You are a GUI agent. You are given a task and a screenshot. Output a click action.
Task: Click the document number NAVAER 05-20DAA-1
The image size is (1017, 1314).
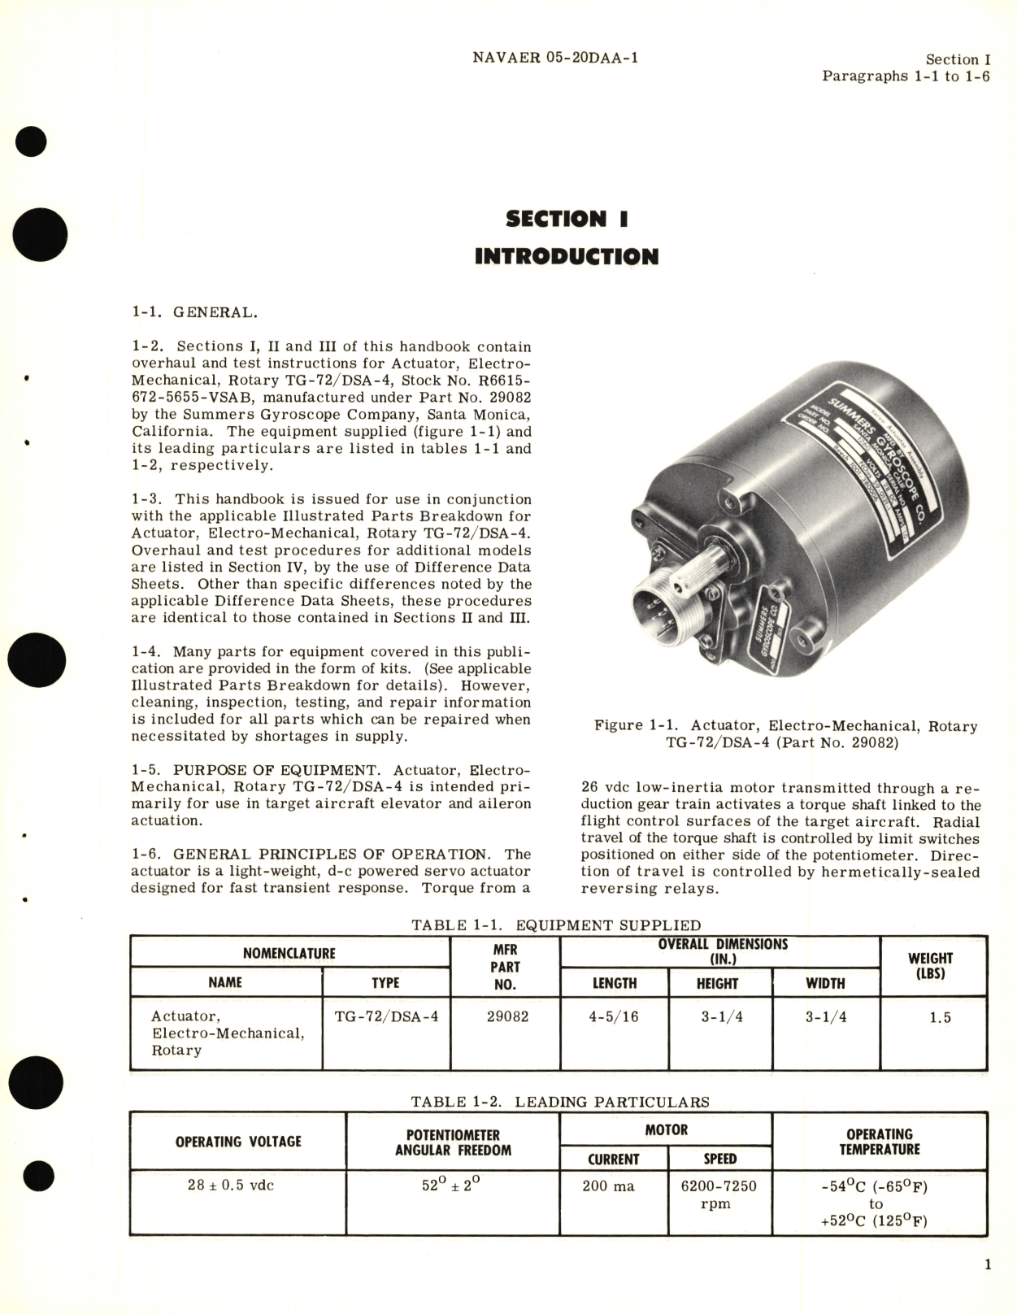tap(554, 59)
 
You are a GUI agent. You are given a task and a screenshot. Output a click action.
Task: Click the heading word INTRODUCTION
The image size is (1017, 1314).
tap(566, 257)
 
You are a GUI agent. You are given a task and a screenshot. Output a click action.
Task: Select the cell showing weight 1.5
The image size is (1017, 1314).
tap(940, 1017)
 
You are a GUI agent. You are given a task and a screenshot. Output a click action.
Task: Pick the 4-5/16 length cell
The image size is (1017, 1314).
tap(614, 1016)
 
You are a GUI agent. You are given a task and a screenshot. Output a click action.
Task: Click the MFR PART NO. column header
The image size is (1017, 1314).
tap(505, 967)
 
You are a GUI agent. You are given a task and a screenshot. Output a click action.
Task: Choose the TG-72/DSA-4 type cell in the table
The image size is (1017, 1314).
tap(386, 1016)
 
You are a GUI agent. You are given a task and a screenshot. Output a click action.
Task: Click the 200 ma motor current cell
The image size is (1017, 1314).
tap(608, 1186)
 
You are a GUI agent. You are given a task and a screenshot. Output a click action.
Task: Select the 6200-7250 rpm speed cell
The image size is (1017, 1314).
tap(719, 1194)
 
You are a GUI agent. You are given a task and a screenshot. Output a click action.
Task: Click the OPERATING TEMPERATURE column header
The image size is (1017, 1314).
tap(879, 1142)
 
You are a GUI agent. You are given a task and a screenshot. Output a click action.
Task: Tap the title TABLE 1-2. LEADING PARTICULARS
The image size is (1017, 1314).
tap(560, 1102)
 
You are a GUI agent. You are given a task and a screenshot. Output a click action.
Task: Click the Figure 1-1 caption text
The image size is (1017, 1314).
tap(785, 734)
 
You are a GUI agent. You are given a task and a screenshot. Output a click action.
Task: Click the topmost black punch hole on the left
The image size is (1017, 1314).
tap(34, 142)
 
